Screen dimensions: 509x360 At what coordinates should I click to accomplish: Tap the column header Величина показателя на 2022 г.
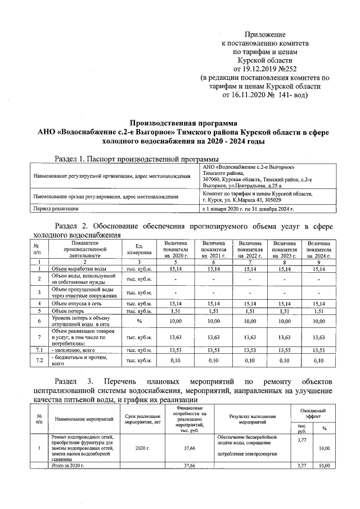[250, 249]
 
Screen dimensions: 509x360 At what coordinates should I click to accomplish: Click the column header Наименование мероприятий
[82, 419]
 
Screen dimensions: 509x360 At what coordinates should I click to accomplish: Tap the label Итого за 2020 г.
[67, 466]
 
